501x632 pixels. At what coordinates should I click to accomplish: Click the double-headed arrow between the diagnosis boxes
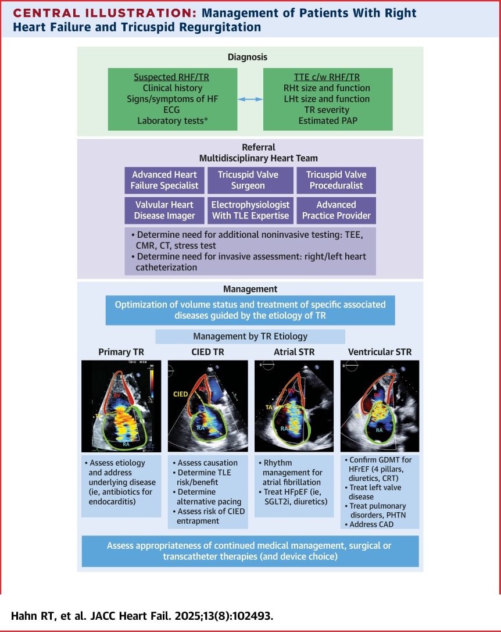(250, 99)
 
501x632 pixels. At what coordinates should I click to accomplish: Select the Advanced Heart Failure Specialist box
(164, 180)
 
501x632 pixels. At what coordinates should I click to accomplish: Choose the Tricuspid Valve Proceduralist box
(336, 180)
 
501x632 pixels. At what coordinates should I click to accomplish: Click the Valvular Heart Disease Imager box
(164, 210)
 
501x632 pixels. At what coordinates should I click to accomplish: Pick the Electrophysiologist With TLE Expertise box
(250, 210)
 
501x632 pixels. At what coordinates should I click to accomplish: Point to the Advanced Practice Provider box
(336, 210)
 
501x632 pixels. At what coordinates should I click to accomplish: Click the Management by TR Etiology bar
(250, 336)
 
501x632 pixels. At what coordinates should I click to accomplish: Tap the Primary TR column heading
(121, 351)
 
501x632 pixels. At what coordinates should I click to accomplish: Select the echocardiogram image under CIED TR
(207, 406)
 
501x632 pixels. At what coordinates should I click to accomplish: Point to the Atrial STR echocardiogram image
(294, 406)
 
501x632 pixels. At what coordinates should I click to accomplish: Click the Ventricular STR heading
(380, 351)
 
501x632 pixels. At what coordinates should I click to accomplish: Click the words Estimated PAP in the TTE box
(328, 121)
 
